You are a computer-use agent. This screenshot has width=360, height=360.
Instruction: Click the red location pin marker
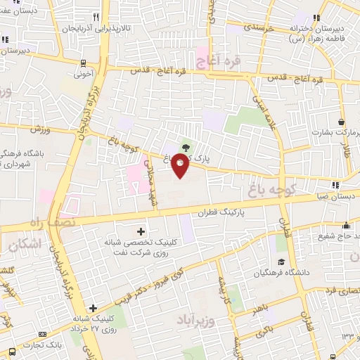[x=181, y=165]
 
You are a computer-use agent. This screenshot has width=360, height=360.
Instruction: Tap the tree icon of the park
[x=186, y=147]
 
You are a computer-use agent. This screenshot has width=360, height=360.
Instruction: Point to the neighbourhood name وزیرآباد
[x=189, y=322]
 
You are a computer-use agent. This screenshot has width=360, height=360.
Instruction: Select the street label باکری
[x=264, y=327]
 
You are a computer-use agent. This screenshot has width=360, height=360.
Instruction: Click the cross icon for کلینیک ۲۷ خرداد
[x=93, y=308]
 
